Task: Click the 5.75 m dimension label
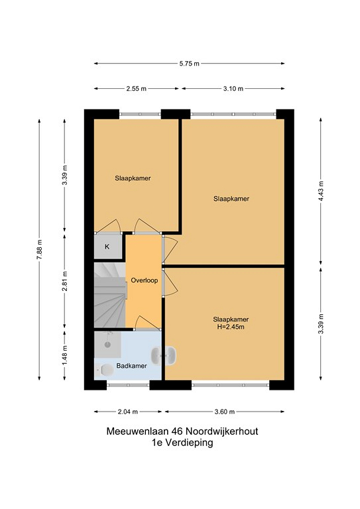tap(189, 64)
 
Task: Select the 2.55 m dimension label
tap(137, 89)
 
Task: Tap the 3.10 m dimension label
tap(233, 89)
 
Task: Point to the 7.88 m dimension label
tap(39, 249)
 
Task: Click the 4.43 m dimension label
tap(321, 191)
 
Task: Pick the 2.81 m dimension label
tap(64, 281)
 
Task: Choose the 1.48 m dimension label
tap(64, 355)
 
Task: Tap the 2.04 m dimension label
tap(128, 412)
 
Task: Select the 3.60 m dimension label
tap(225, 412)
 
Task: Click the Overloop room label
tap(144, 280)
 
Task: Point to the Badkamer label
tap(131, 366)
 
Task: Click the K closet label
tap(107, 247)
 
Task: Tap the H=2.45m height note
tap(231, 327)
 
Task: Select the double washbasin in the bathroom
tap(164, 356)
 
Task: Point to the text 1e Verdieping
tap(182, 443)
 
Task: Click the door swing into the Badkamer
tap(147, 322)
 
